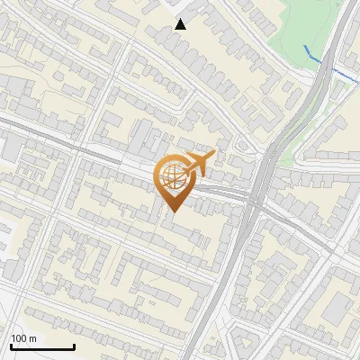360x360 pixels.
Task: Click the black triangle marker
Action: click(x=181, y=24)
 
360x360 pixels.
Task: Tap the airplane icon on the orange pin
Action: click(x=197, y=164)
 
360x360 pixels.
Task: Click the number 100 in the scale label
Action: click(x=20, y=338)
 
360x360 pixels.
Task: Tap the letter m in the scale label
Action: click(x=32, y=338)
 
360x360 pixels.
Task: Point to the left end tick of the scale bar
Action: click(x=11, y=346)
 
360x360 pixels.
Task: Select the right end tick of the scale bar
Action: click(x=74, y=346)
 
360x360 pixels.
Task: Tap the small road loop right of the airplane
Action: click(x=241, y=146)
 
